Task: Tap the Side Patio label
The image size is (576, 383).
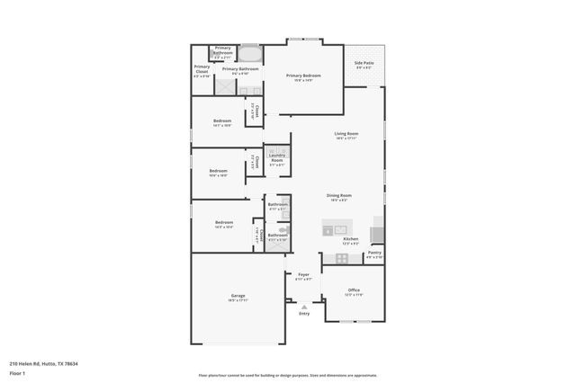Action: coord(364,64)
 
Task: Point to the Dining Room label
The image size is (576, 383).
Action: coord(338,197)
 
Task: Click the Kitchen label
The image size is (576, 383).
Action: coord(350,240)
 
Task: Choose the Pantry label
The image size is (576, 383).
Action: coord(373,254)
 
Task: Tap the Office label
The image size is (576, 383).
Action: coord(354,291)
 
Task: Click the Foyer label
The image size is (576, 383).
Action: coord(303,276)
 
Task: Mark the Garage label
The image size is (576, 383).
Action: coord(238,298)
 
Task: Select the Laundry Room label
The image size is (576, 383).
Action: coord(276,159)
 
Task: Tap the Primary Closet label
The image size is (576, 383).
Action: coord(202,70)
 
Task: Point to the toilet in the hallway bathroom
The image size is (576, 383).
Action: coord(282,229)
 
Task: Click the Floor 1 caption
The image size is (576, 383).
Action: coord(16,372)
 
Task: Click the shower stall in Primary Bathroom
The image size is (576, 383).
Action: coord(225,86)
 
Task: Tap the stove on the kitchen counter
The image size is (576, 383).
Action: coord(378,234)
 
